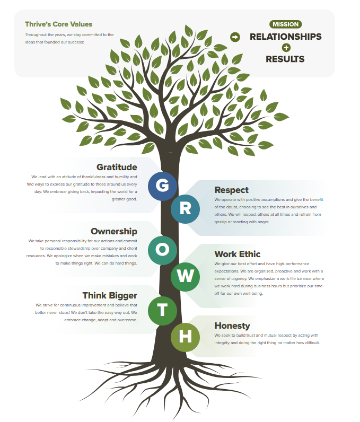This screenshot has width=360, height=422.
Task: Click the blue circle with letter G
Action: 162,186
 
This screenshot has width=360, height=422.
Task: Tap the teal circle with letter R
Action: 185,209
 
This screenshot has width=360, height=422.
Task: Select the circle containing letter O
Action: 162,250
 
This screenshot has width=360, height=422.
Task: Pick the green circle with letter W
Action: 185,277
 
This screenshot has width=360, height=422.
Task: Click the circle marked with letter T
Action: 162,311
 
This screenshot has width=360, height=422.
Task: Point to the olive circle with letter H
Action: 185,337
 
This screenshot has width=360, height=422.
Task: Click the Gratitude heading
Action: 117,167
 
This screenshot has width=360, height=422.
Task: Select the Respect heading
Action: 231,190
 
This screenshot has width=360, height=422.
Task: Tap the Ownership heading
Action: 114,232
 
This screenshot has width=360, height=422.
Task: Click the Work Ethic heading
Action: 238,254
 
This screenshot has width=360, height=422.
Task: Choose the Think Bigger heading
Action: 110,295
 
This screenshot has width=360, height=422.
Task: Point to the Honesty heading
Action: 232,326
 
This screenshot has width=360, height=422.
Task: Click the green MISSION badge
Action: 285,24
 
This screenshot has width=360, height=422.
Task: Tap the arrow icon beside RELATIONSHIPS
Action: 235,37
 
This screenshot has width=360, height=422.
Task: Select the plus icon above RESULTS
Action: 286,48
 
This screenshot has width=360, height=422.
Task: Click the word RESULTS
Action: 285,59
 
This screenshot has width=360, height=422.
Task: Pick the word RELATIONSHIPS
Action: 285,37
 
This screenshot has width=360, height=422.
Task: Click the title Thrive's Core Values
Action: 59,24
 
